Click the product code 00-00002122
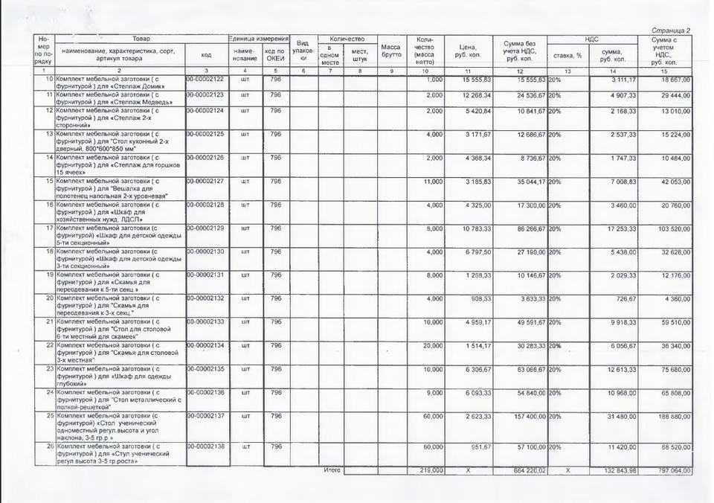[x=205, y=79]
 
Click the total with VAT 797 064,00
[x=671, y=471]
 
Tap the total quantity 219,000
[x=431, y=471]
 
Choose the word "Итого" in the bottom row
[x=332, y=470]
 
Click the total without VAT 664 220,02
[x=525, y=471]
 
